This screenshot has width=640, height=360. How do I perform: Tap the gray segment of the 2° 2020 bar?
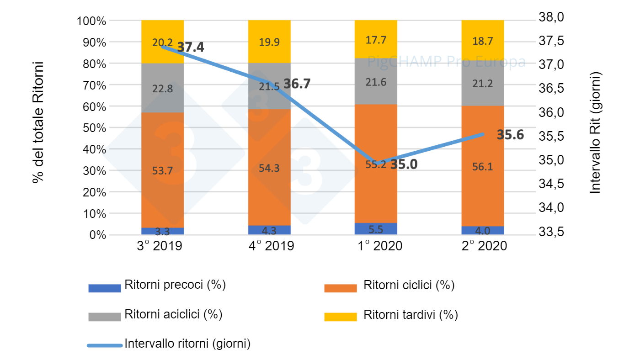point(482,82)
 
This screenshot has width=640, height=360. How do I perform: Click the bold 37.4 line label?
point(190,47)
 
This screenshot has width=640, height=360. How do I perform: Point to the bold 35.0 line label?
point(404,164)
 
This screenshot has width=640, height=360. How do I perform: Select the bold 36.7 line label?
point(297,84)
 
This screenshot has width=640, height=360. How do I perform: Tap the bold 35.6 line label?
point(510,135)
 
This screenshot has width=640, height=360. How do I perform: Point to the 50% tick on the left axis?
point(94,128)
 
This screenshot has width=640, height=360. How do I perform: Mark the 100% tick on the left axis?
point(91,21)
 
